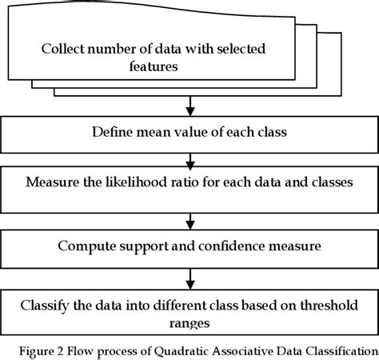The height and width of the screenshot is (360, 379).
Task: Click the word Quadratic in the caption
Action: pos(189,349)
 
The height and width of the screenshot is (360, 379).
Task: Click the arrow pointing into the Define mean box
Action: pos(189,106)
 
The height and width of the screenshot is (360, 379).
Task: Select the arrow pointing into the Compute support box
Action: pos(189,220)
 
